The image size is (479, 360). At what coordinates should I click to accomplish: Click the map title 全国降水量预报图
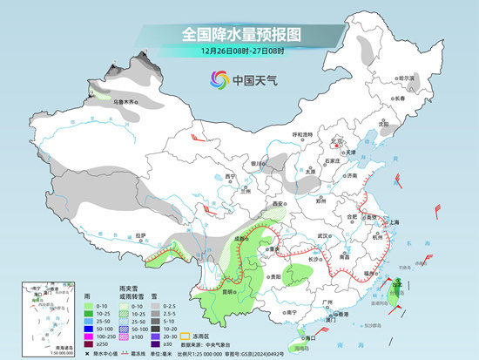point(239,34)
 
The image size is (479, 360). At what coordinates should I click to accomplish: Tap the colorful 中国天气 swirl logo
point(219,80)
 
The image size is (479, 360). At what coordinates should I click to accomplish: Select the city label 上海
point(393,222)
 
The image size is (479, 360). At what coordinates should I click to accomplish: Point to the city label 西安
point(278,203)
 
